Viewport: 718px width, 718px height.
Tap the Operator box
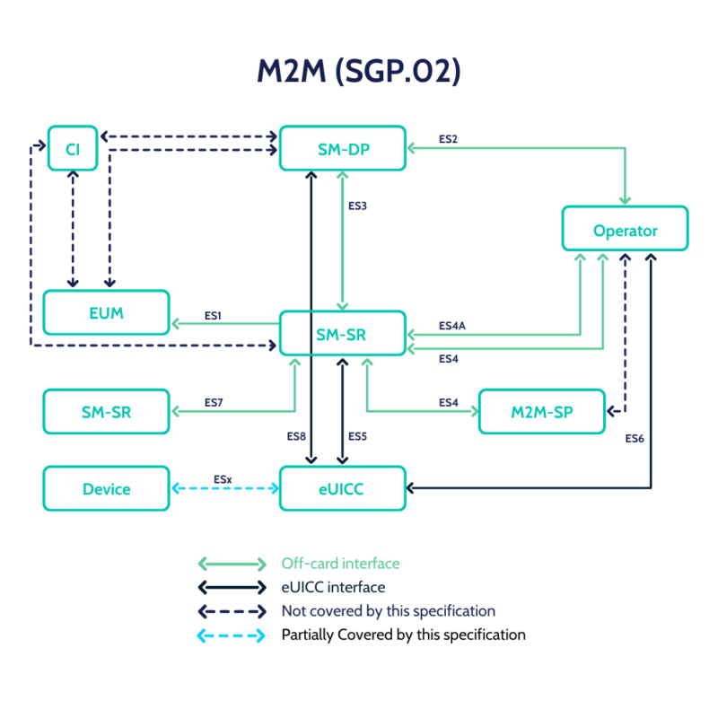[x=625, y=230]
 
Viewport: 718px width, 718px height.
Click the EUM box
[x=106, y=313]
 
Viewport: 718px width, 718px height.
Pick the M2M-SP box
[x=542, y=412]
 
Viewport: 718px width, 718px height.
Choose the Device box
[x=106, y=489]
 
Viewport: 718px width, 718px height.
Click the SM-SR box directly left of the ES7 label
[x=106, y=412]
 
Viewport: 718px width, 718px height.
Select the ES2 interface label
[x=448, y=139]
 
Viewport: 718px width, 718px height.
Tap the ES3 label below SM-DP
[x=358, y=206]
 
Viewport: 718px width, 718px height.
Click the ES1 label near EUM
[x=213, y=316]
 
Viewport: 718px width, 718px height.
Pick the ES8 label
[x=297, y=437]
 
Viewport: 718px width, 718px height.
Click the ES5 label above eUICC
[x=358, y=437]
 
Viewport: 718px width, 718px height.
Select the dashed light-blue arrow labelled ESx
[x=224, y=489]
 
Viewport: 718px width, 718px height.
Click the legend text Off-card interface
[x=340, y=564]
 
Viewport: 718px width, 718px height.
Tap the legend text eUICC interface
[x=333, y=587]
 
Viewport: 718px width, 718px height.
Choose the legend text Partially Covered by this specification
[x=403, y=635]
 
